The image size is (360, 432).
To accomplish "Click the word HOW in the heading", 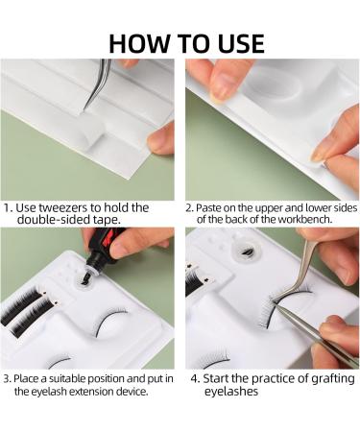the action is [139, 43].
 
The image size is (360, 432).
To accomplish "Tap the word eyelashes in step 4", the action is [231, 392].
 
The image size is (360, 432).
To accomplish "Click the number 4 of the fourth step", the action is [194, 379].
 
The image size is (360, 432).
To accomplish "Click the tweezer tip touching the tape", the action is [85, 108].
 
